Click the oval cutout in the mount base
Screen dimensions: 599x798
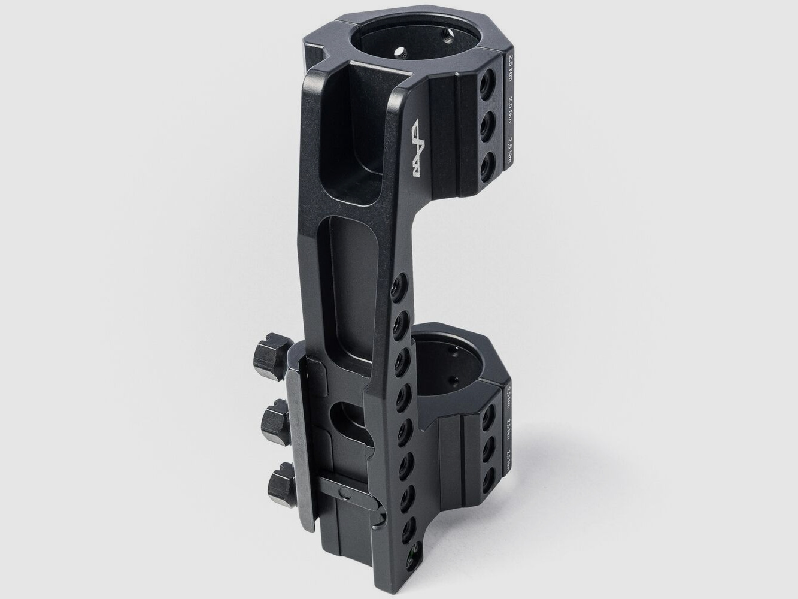347,423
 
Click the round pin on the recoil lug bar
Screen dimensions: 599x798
344,491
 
